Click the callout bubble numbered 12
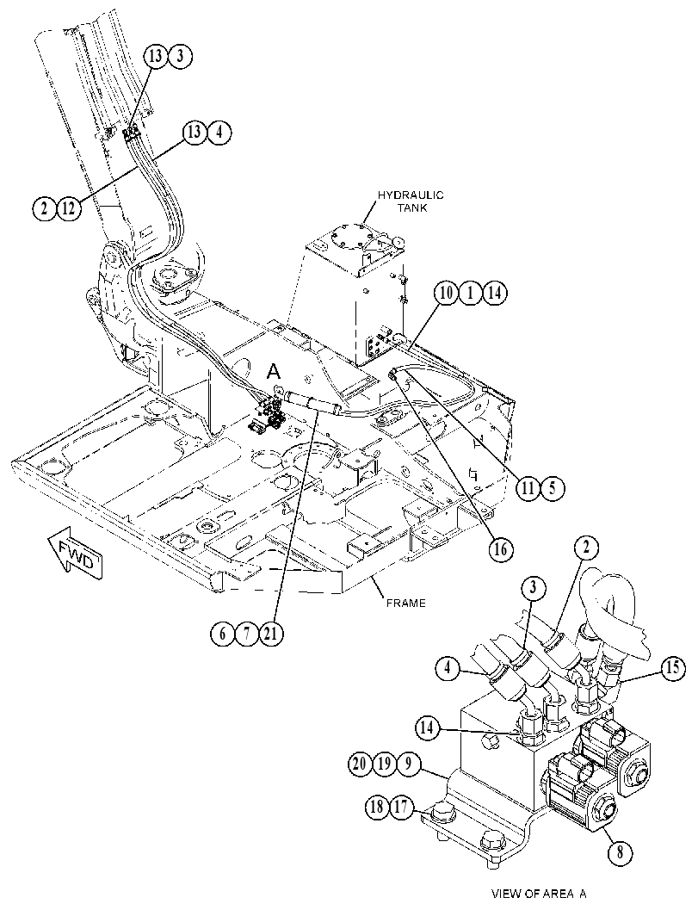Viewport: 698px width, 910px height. point(69,208)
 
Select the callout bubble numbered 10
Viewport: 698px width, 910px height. point(448,293)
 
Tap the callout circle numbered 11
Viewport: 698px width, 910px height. point(528,488)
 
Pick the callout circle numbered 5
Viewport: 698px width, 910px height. point(553,488)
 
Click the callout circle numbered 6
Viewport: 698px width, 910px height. point(223,634)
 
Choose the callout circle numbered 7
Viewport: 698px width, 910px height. point(247,634)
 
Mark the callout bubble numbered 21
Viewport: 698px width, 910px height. point(271,634)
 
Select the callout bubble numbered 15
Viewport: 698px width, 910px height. point(673,668)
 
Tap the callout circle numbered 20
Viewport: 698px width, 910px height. point(361,763)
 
